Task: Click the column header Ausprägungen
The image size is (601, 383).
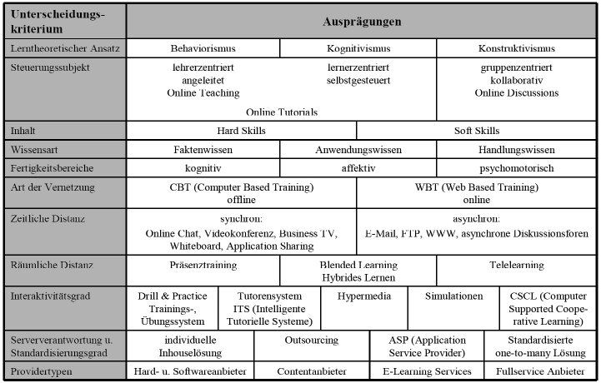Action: coord(362,21)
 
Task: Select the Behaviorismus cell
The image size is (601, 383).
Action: coord(203,49)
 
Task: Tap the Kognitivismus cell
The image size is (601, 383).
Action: coord(358,49)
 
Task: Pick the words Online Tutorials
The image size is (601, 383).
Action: coord(282,111)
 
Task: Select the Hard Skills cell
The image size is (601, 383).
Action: coord(241,131)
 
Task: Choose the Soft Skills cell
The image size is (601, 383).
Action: coord(478,131)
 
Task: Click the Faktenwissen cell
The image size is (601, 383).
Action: coord(203,150)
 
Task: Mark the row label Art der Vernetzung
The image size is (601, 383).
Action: coord(53,187)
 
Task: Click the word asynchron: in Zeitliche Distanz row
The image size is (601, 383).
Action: coord(478,219)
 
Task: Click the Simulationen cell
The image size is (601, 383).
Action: coord(453,296)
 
